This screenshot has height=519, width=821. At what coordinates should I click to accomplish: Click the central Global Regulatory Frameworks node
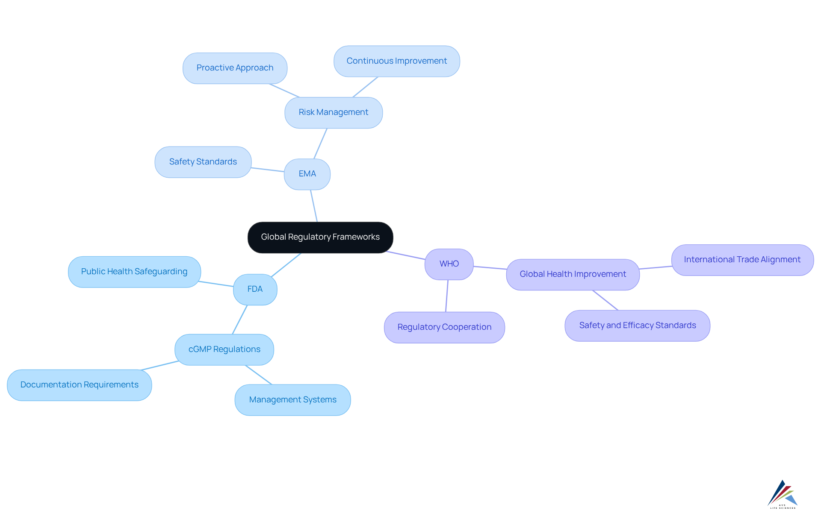click(x=320, y=237)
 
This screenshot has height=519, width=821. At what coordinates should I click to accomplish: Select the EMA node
click(x=307, y=174)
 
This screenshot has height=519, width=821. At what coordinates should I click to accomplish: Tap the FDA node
click(x=255, y=289)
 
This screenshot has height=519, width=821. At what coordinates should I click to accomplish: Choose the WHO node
click(x=449, y=264)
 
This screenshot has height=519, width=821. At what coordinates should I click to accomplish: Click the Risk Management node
click(x=334, y=112)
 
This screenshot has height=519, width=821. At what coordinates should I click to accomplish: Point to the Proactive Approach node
click(x=235, y=68)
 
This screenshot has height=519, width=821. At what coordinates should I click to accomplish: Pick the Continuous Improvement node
click(x=396, y=61)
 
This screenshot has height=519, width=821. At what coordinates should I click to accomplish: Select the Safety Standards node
click(x=203, y=162)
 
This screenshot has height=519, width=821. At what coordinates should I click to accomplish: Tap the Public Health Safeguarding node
click(x=134, y=272)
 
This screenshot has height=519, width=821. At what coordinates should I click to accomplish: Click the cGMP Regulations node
click(x=224, y=349)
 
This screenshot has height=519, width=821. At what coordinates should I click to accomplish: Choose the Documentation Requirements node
click(x=80, y=385)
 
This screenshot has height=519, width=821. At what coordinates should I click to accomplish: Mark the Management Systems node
click(x=292, y=400)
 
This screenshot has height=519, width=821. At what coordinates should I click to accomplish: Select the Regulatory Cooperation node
click(x=444, y=327)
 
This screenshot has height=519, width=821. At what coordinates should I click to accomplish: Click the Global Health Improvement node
click(x=573, y=274)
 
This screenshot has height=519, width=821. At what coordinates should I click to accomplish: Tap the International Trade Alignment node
click(x=742, y=260)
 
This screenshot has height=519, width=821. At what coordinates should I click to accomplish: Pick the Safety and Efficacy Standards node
click(x=637, y=325)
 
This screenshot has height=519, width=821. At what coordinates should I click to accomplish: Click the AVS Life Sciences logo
click(x=783, y=494)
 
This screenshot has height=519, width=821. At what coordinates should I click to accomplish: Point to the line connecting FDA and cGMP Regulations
click(x=240, y=320)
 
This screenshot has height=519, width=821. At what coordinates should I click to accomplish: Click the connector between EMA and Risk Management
click(x=321, y=144)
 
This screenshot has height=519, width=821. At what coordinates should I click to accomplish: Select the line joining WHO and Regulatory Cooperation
click(x=447, y=296)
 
